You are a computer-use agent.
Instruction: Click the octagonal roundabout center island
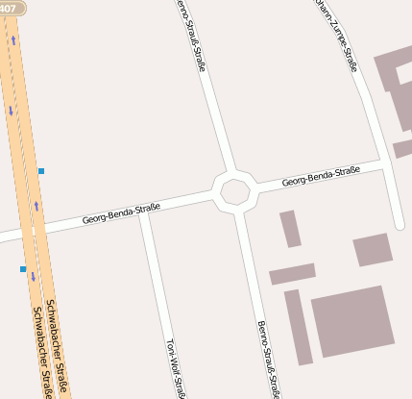[234, 190]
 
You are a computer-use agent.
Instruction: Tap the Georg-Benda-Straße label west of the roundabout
[121, 212]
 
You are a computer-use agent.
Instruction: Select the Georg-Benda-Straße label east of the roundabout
[321, 176]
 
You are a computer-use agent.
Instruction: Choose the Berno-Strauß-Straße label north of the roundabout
[192, 37]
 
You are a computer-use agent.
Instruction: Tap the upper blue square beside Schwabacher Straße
[41, 171]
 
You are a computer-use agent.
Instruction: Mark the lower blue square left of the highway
[23, 269]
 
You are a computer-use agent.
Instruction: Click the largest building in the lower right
[352, 321]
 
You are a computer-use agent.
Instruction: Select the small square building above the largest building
[373, 249]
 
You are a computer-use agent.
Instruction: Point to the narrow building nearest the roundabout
[290, 229]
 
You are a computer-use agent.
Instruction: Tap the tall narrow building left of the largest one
[298, 327]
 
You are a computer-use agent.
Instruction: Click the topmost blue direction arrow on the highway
[13, 41]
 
